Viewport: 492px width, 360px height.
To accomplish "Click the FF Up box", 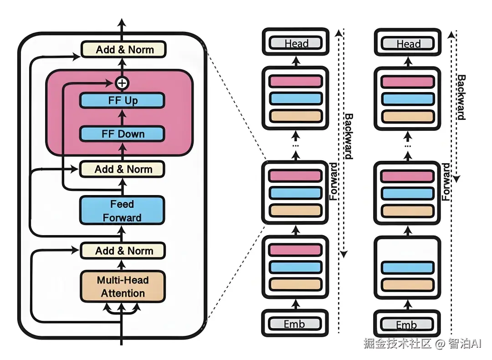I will pos(122,100).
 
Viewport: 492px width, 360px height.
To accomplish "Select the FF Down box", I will pos(122,134).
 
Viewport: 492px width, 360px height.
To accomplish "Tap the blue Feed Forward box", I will pos(122,211).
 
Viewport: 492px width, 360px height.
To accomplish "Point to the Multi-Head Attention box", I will pos(122,287).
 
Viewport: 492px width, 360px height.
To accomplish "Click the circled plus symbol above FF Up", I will pos(122,83).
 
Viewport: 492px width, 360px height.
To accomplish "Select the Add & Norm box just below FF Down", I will pos(122,169).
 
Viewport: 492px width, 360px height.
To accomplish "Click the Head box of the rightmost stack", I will pos(408,44).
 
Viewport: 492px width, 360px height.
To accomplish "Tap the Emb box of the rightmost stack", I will pos(407,324).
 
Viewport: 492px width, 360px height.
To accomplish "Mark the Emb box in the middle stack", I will pos(295,324).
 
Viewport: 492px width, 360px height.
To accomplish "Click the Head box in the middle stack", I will pos(296,44).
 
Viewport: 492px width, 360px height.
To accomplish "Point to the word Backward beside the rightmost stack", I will pos(461,97).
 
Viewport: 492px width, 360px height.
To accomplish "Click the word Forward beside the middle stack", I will pos(334,182).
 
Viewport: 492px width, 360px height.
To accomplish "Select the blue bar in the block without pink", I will pos(407,267).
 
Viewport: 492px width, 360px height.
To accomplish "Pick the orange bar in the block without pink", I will pos(407,285).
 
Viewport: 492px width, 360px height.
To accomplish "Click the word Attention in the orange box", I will pos(123,293).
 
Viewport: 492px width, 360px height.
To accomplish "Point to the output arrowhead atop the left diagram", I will pos(122,22).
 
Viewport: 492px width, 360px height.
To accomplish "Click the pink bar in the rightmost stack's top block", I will pos(407,82).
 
